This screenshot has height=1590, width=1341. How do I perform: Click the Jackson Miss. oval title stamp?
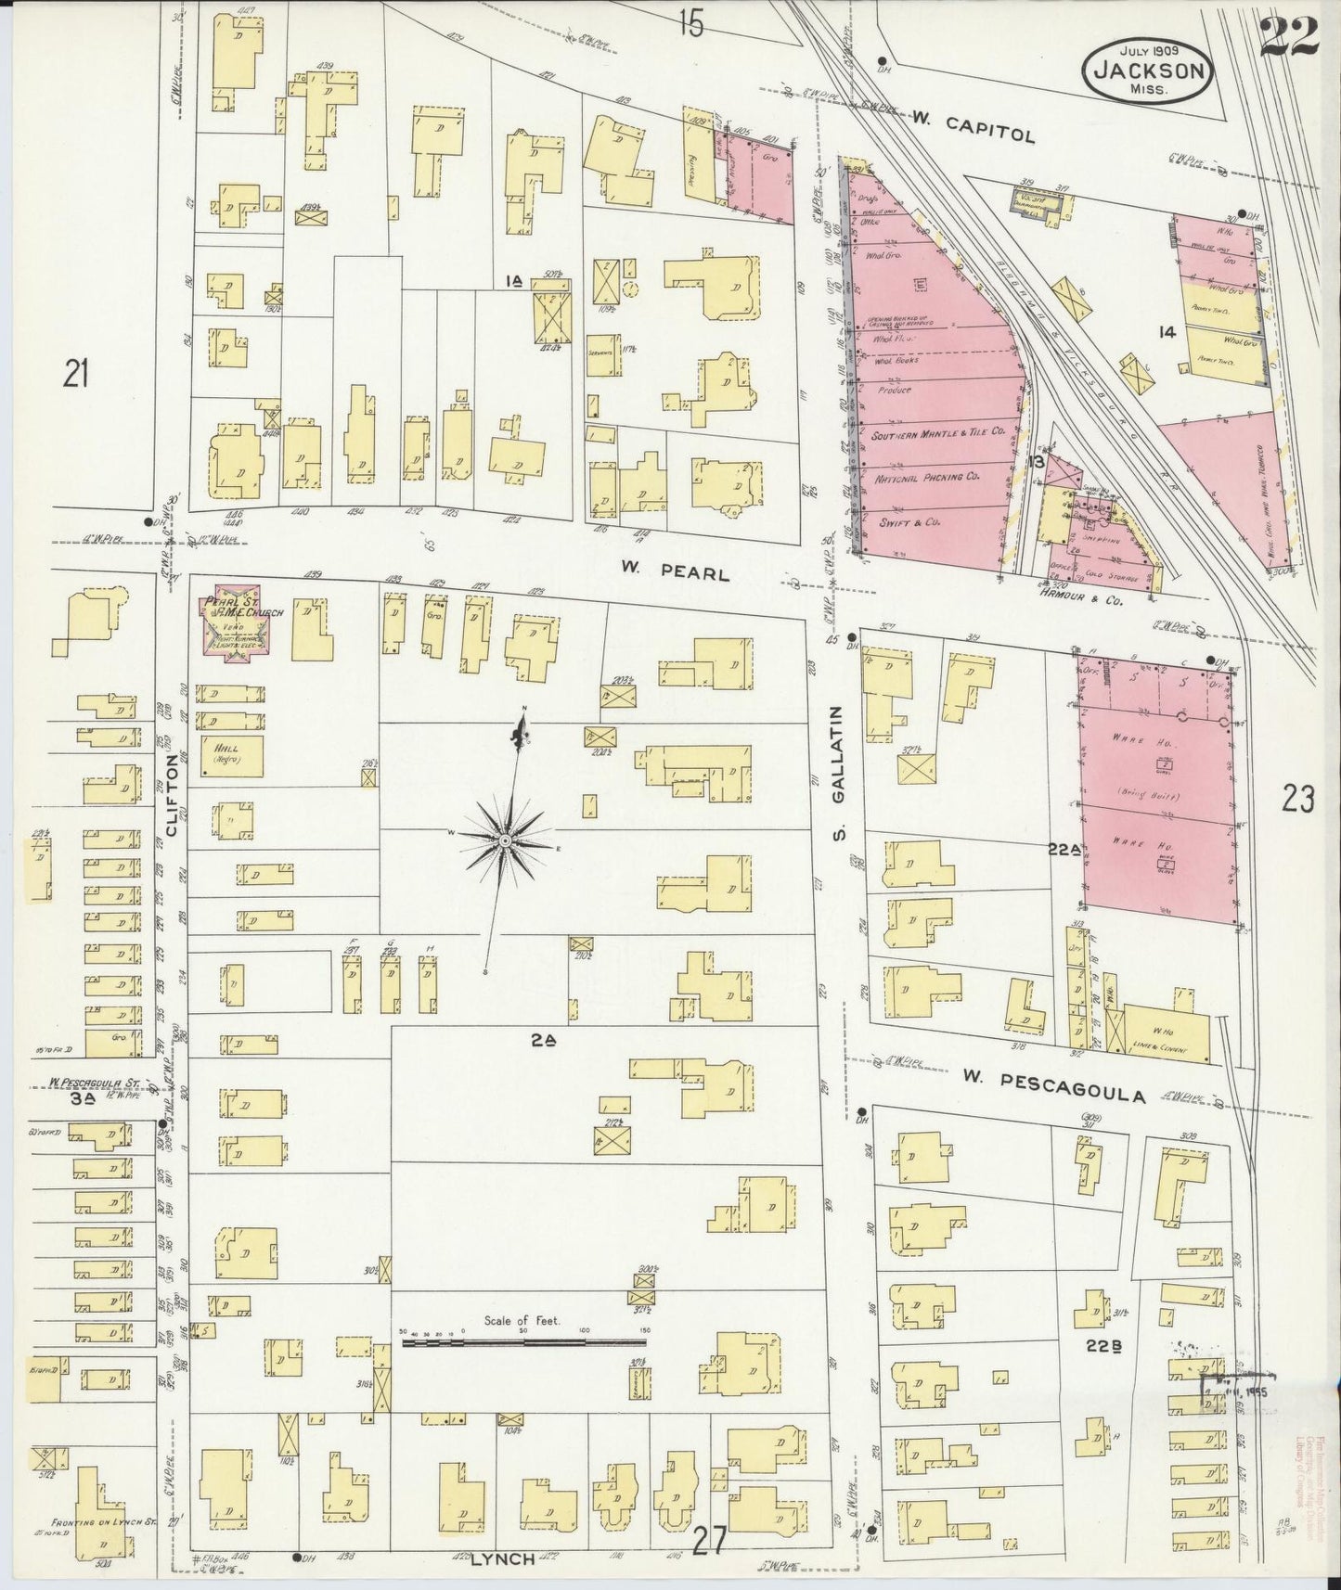coord(1148,70)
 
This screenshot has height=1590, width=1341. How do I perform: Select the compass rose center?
coord(504,840)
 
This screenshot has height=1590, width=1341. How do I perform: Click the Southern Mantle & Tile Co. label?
coord(940,432)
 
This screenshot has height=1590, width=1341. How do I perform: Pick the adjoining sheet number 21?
coord(75,374)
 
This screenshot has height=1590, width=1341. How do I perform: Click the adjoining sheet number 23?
coord(1297,798)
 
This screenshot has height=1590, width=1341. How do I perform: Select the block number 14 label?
coord(1167,331)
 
